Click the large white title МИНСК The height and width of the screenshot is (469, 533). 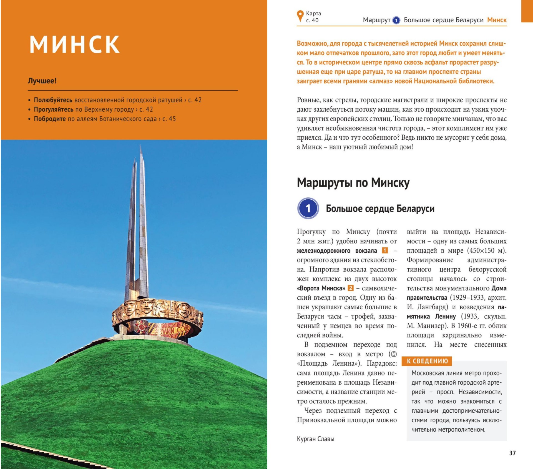click(x=74, y=44)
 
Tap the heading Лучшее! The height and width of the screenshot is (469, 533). click(x=42, y=81)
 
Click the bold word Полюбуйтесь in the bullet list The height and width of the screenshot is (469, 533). click(x=53, y=100)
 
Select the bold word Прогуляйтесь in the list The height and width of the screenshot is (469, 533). click(x=54, y=109)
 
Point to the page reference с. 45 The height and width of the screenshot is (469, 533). click(x=169, y=119)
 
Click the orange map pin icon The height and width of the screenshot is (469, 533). click(x=300, y=16)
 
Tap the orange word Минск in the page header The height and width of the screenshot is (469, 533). click(x=497, y=20)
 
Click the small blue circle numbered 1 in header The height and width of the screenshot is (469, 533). click(x=396, y=20)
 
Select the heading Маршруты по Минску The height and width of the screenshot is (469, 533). click(x=353, y=183)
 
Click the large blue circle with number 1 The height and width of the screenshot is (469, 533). click(x=308, y=208)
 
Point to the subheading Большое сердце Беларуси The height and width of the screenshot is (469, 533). click(x=380, y=209)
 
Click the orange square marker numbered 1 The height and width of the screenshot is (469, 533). click(x=385, y=250)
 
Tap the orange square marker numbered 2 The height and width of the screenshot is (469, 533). click(x=351, y=288)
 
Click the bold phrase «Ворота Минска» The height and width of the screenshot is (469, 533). click(x=321, y=288)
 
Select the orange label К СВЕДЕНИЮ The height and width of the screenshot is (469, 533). click(x=427, y=361)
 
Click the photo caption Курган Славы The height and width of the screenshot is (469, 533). click(x=315, y=439)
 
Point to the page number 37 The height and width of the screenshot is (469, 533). click(x=512, y=453)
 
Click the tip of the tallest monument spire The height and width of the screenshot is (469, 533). click(x=141, y=146)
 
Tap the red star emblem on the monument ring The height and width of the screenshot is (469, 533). click(x=141, y=328)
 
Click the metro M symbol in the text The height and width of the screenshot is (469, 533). click(x=394, y=354)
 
